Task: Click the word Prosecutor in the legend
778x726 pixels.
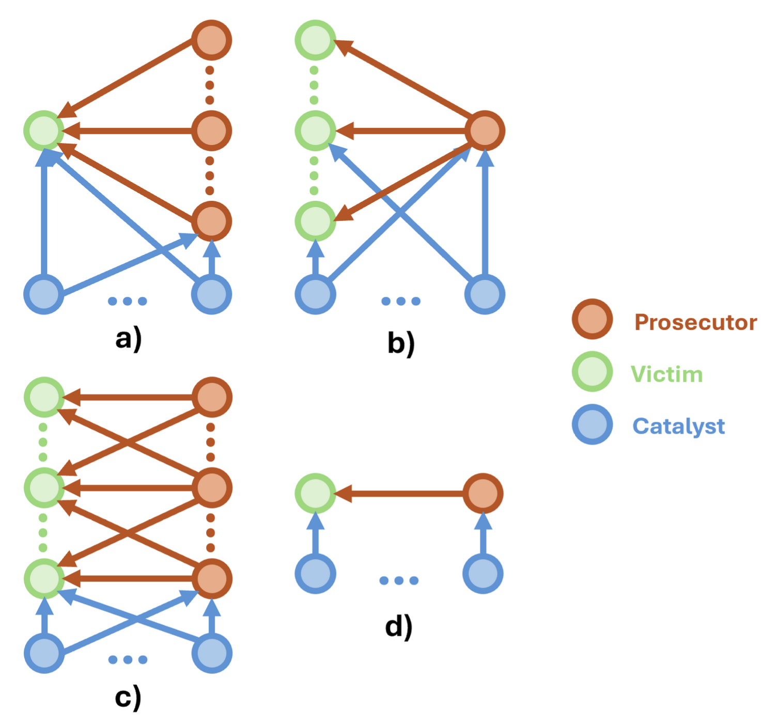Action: [695, 322]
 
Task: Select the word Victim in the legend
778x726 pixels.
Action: [666, 374]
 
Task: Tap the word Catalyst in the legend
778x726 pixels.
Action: [678, 427]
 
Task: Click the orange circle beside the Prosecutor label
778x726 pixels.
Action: [592, 319]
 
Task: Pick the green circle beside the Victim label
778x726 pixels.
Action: [592, 371]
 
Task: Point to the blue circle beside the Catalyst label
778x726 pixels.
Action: [592, 424]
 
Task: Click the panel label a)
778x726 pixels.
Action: [128, 340]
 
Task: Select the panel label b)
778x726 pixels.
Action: [401, 343]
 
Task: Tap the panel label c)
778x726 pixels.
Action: [128, 698]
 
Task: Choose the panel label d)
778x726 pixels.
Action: [399, 627]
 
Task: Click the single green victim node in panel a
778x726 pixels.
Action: [44, 131]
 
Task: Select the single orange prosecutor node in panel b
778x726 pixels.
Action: [485, 131]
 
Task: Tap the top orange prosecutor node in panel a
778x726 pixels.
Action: [211, 40]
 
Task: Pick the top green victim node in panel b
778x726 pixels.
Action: [315, 40]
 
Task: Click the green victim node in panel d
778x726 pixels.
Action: [315, 494]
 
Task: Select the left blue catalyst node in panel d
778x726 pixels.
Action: [315, 574]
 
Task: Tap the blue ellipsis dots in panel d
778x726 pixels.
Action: [399, 580]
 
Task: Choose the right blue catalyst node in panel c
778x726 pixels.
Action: [212, 653]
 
